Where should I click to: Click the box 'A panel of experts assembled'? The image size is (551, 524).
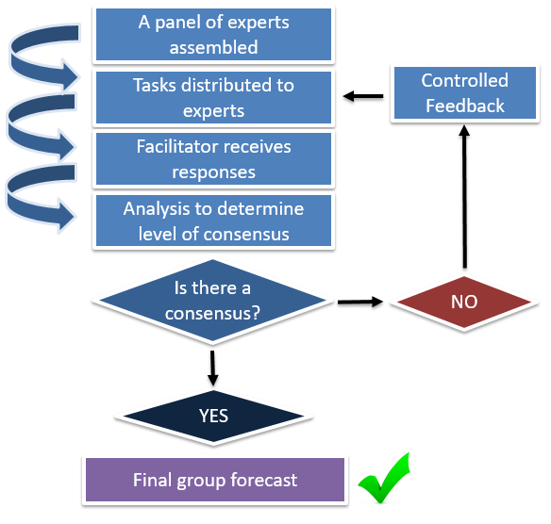(x=213, y=34)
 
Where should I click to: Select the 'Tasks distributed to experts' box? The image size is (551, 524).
(x=213, y=97)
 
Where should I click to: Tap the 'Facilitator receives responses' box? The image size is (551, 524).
(x=213, y=159)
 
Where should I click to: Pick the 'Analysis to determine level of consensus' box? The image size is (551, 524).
(x=213, y=221)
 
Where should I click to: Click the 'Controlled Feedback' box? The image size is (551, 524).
(x=464, y=93)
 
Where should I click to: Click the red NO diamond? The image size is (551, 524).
(x=463, y=303)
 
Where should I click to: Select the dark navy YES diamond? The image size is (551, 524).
(x=213, y=416)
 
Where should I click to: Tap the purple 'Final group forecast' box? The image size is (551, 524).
(x=214, y=480)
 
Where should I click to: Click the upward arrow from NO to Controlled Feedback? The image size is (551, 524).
(x=463, y=198)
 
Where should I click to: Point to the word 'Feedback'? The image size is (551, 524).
(x=464, y=106)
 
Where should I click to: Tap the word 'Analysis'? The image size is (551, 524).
(x=157, y=208)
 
